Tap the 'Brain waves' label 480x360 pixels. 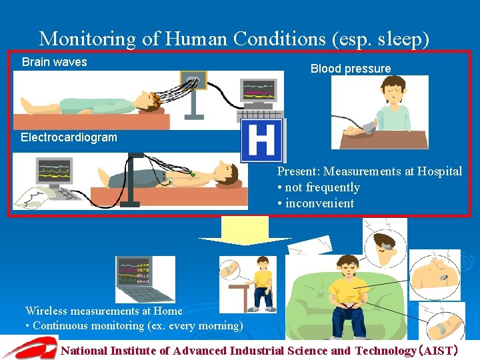(x=55, y=62)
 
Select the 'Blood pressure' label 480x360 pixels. (x=351, y=69)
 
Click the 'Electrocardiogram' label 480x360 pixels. (x=69, y=137)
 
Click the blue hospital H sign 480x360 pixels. (x=261, y=141)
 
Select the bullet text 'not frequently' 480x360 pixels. (x=322, y=187)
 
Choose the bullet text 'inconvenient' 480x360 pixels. (x=319, y=203)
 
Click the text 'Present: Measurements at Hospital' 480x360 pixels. (x=369, y=171)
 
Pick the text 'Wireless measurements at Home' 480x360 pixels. (x=103, y=311)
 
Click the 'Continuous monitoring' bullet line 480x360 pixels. (x=134, y=325)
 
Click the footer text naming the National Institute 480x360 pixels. (x=267, y=350)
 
